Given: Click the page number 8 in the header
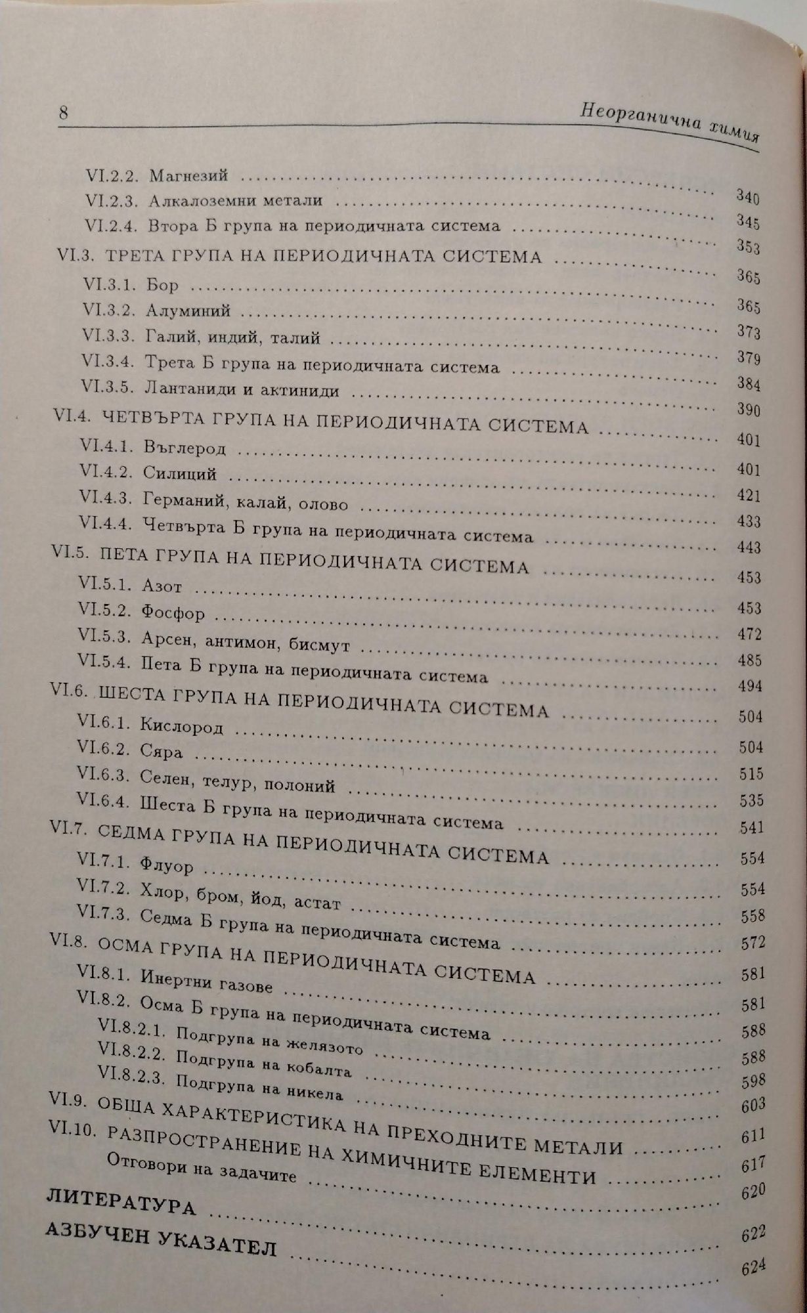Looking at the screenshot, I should (64, 112).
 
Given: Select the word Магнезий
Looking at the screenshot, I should (188, 176).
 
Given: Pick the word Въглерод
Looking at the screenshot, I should (184, 448).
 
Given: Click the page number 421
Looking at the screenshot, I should (749, 496).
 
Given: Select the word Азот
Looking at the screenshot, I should (161, 586).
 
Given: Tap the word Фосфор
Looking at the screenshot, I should (173, 613).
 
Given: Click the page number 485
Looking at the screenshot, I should (749, 660).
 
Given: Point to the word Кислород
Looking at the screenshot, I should (181, 726).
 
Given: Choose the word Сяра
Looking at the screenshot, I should (162, 750).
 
